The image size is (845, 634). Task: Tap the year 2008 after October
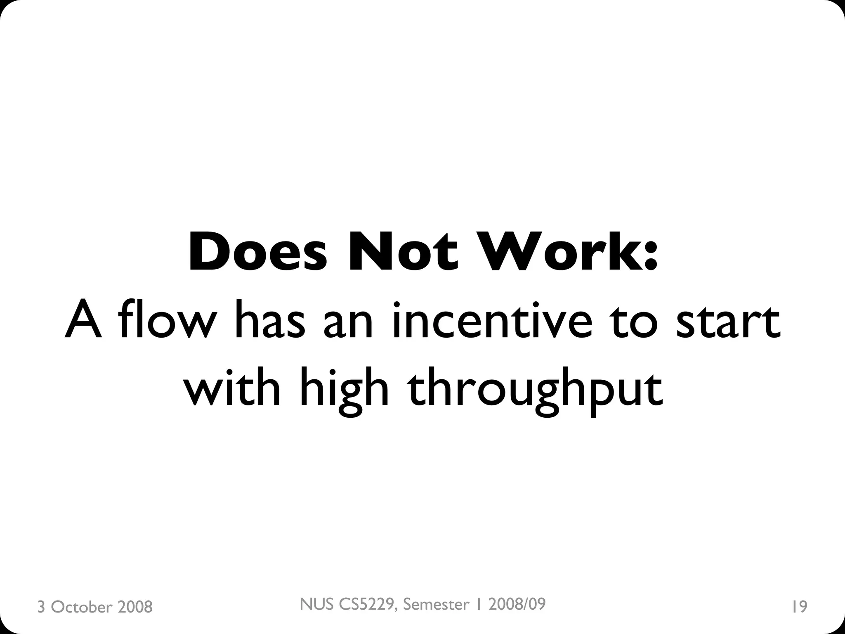135,607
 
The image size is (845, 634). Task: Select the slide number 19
799,607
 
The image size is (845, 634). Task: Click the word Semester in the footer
436,604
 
